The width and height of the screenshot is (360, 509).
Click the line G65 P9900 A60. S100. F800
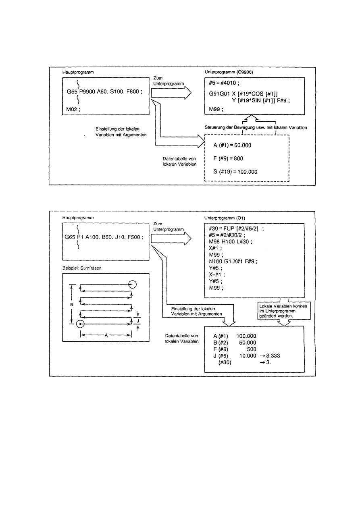tap(104, 91)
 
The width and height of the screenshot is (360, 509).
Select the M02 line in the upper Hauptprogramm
tap(73, 110)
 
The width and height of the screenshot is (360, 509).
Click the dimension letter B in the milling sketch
tap(71, 305)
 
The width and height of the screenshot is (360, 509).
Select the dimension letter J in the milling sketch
tap(139, 321)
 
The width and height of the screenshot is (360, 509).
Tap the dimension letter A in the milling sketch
tap(106, 334)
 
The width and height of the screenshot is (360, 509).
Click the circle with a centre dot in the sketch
tap(81, 324)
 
